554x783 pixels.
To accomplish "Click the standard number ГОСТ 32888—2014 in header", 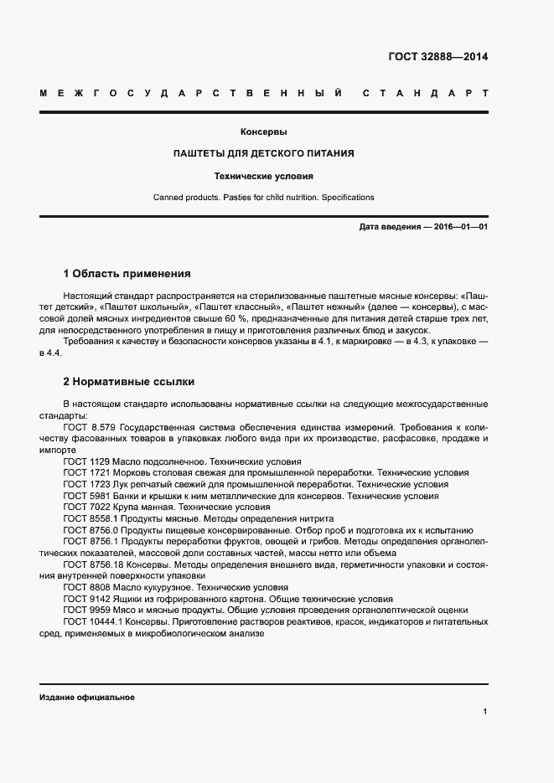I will pos(438,58).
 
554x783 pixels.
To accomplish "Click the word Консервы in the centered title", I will pos(264,131).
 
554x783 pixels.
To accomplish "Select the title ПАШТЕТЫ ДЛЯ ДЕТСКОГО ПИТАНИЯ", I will pos(263,154).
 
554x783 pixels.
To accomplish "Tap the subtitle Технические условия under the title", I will pos(263,177).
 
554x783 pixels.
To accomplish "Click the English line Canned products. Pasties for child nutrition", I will pos(263,198).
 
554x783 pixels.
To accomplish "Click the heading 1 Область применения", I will pos(127,273).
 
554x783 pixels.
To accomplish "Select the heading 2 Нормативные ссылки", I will pos(129,381).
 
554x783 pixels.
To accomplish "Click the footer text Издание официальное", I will pos(87,698).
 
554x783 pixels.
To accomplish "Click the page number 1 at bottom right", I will pos(485,711).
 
